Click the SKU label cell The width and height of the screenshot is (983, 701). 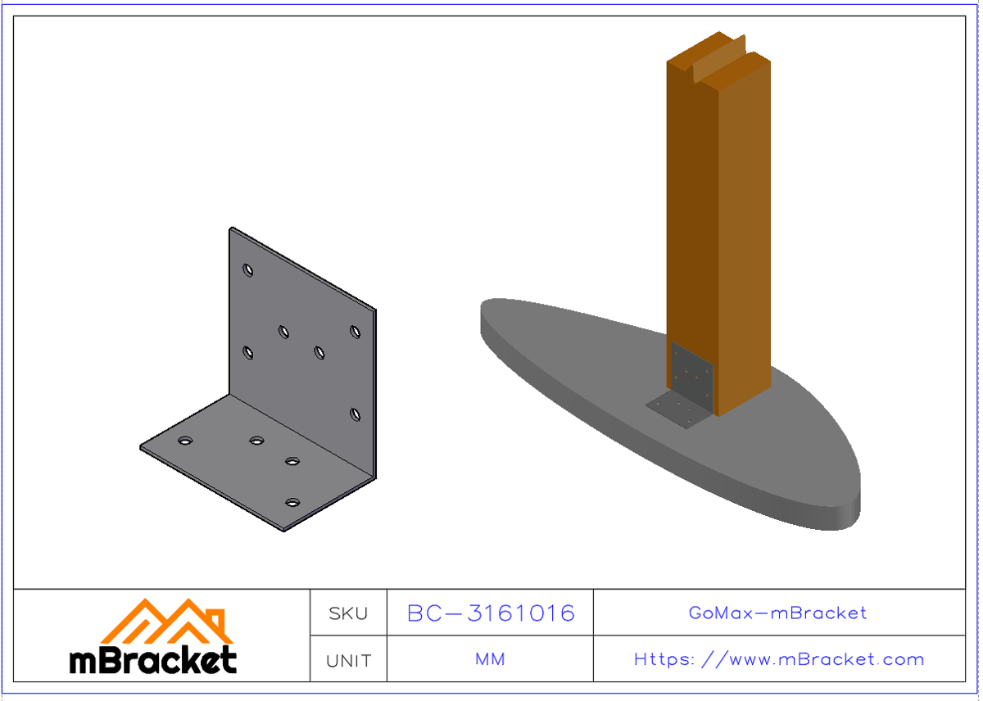click(x=348, y=613)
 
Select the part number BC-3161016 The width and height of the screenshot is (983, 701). click(x=491, y=613)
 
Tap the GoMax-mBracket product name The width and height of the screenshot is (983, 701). click(x=778, y=613)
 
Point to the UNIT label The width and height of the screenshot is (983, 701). click(x=348, y=660)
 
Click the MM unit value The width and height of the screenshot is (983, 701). click(x=490, y=659)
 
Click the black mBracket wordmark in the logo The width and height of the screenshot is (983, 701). click(x=153, y=660)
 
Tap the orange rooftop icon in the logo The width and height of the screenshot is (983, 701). click(x=167, y=620)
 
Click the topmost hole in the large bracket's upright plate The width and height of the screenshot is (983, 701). click(x=248, y=270)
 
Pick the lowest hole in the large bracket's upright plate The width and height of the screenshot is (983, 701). click(x=355, y=414)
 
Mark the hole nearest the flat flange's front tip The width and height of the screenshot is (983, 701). click(x=292, y=502)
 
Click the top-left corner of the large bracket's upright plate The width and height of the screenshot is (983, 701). click(x=232, y=229)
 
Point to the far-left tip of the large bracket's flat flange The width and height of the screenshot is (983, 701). click(x=142, y=447)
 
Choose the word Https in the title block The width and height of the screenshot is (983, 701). click(x=664, y=659)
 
